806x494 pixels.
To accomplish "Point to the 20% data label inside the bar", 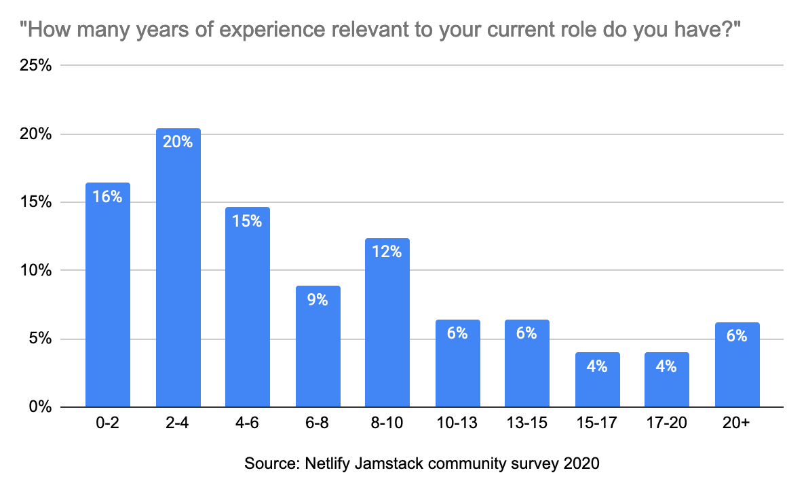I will pos(178,142).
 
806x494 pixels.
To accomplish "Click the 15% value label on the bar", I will pos(248,221).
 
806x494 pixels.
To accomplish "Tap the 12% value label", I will pos(387,252).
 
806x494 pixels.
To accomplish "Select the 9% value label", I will pos(318,299).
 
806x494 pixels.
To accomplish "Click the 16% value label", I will pos(108,197).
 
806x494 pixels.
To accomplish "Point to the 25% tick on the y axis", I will pos(37,66).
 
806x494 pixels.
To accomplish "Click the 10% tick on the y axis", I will pos(37,271).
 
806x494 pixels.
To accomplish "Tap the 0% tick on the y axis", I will pos(40,407).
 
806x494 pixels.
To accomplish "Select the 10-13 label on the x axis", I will pos(457,424).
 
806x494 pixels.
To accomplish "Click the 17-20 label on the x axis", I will pos(667,424).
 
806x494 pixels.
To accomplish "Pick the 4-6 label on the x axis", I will pos(248,424).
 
